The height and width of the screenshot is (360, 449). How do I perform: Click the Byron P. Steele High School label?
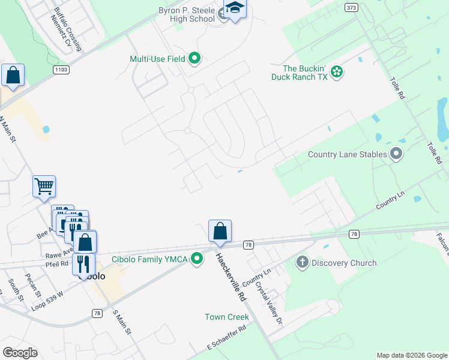point(186,14)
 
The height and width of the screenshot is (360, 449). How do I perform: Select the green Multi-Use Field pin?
point(194,59)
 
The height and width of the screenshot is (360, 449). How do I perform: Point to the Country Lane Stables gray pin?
point(396,154)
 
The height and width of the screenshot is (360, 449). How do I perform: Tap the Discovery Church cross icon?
point(302,262)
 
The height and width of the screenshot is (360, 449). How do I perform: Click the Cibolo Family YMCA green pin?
point(196,259)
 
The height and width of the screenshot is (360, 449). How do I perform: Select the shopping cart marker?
point(44,187)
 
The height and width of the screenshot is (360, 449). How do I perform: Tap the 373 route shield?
point(351,7)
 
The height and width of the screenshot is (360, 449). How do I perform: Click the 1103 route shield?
point(61,70)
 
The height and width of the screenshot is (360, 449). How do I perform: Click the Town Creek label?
point(226,317)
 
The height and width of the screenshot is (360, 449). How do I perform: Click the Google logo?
point(20,352)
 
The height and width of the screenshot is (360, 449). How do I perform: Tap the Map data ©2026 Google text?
point(412,355)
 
